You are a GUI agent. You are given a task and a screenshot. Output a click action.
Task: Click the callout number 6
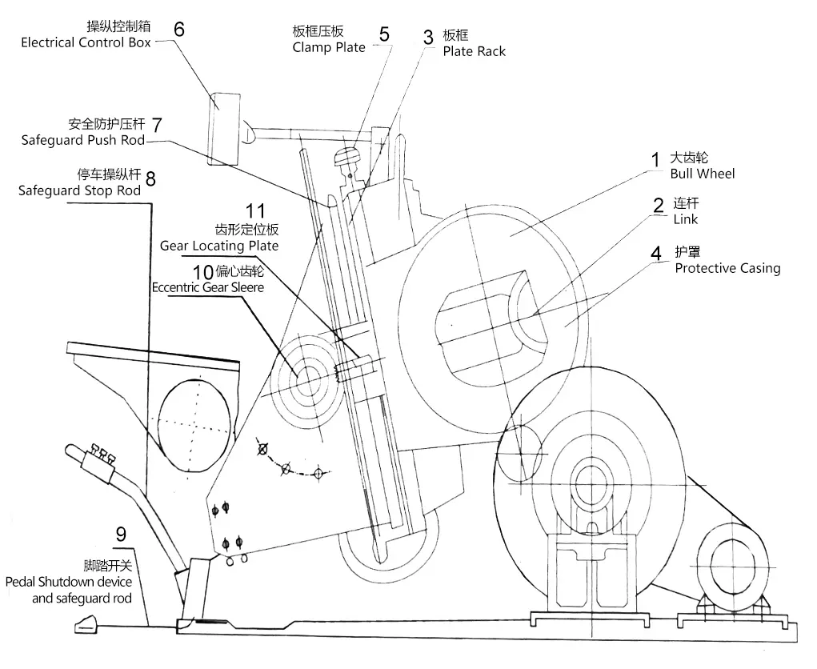tap(178, 29)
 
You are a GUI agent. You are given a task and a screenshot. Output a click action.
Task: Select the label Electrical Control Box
tap(86, 42)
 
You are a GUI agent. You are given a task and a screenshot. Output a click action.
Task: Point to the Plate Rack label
tap(475, 51)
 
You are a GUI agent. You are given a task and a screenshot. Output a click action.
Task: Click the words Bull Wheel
tap(702, 174)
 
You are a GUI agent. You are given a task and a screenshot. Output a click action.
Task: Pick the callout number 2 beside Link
tap(659, 205)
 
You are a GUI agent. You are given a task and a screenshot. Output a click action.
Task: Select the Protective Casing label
tap(727, 268)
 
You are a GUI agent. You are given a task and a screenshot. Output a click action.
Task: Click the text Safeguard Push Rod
tap(83, 141)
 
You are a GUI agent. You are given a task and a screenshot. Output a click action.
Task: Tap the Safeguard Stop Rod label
tap(80, 190)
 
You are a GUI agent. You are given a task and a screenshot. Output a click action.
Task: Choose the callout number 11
tap(255, 211)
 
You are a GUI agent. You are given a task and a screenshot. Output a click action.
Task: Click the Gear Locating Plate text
tap(219, 246)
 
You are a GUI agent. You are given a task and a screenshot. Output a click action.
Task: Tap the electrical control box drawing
tap(224, 128)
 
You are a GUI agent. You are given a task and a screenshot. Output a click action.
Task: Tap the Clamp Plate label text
tap(329, 47)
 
